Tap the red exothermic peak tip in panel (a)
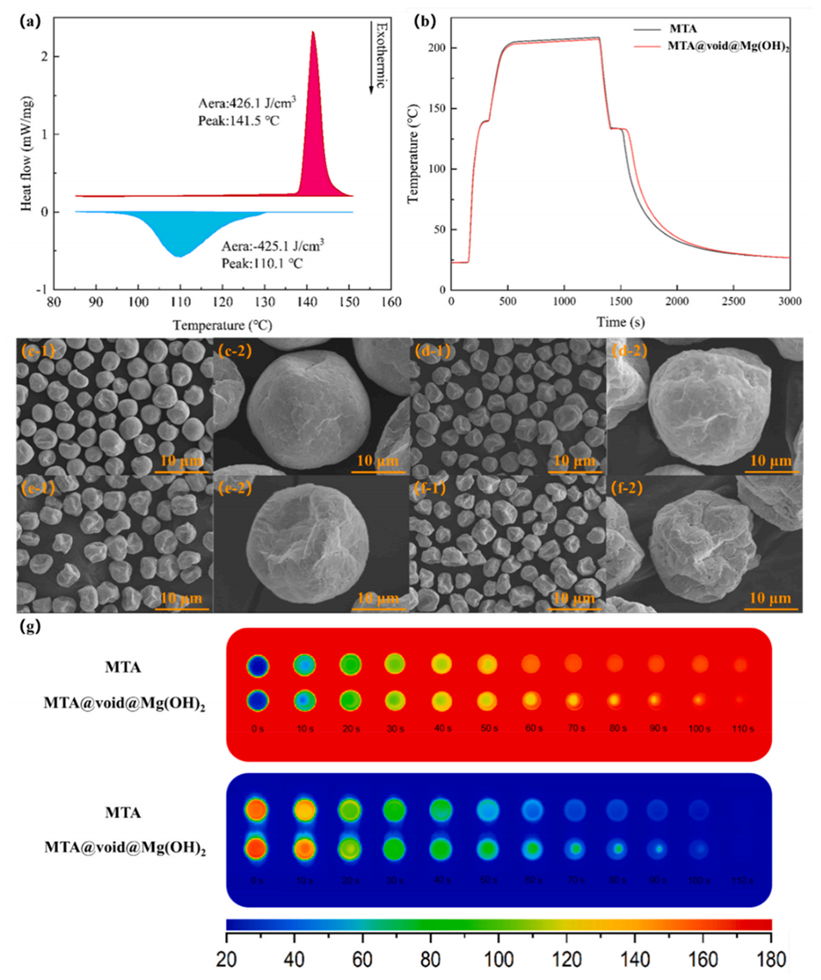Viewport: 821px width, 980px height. click(x=313, y=33)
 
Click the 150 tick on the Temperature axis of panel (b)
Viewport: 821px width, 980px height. click(x=438, y=109)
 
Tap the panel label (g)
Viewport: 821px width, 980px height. click(x=30, y=626)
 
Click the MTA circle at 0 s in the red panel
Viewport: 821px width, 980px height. click(x=256, y=666)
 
